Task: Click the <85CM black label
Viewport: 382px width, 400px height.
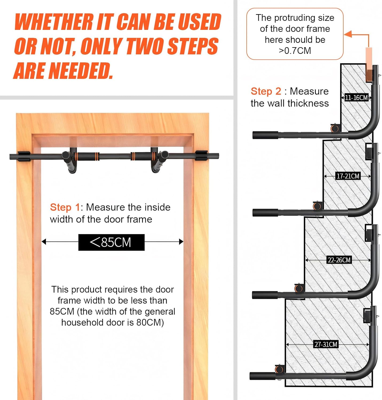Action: point(111,242)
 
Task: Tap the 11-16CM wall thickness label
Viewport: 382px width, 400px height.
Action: point(356,98)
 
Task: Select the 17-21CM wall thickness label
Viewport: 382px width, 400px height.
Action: point(348,176)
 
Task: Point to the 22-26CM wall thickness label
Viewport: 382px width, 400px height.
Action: point(339,260)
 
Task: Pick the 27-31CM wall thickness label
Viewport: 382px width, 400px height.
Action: point(326,344)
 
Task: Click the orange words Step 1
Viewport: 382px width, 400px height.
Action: point(65,207)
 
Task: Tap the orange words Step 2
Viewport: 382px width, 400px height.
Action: point(266,91)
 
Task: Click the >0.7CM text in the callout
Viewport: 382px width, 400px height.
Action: point(295,51)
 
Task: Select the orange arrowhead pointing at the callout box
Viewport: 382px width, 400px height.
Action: point(348,34)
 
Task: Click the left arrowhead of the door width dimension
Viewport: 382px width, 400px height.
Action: point(44,242)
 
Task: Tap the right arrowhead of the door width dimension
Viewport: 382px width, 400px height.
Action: point(181,242)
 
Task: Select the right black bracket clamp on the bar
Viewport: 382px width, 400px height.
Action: point(202,155)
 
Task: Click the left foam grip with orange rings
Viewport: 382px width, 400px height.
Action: point(88,156)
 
